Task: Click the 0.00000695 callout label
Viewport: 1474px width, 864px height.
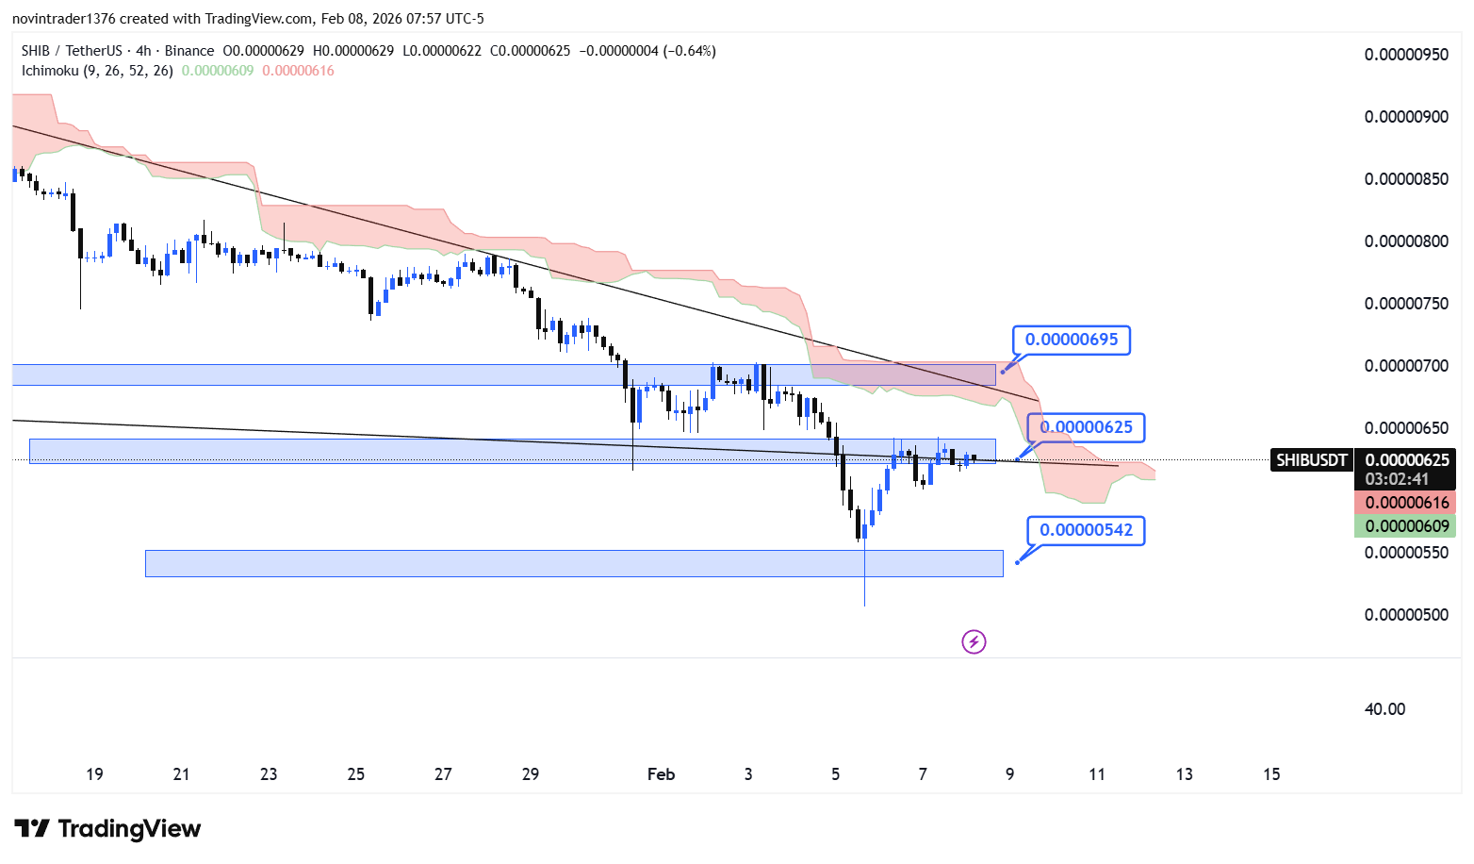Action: [x=1072, y=340]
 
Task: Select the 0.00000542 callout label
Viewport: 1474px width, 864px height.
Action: [x=1086, y=530]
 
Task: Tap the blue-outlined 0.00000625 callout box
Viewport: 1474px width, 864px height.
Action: [x=1086, y=427]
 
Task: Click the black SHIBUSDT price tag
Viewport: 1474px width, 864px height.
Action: [x=1311, y=460]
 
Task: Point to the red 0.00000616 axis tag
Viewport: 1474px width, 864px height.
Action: [x=1407, y=503]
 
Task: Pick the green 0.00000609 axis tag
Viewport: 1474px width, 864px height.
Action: [x=1407, y=526]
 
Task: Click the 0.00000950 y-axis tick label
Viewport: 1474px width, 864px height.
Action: [x=1406, y=55]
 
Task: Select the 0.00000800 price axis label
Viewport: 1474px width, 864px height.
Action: [x=1406, y=241]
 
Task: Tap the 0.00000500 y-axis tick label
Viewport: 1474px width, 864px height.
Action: [x=1406, y=615]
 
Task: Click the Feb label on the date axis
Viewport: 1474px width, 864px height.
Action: [x=661, y=774]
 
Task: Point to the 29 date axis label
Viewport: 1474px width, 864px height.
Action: [x=531, y=774]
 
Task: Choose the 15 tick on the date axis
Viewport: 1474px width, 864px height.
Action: [x=1271, y=774]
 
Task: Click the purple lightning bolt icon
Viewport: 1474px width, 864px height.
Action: [x=974, y=642]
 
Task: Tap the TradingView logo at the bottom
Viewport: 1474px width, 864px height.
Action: [x=108, y=829]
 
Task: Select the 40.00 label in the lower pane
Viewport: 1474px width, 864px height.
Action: [x=1384, y=709]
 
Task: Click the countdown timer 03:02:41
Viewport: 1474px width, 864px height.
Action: [x=1397, y=479]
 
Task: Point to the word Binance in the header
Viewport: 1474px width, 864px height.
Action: [x=189, y=51]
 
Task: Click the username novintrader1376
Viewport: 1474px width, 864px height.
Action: [x=63, y=19]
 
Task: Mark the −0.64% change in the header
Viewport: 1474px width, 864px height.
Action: [x=691, y=51]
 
